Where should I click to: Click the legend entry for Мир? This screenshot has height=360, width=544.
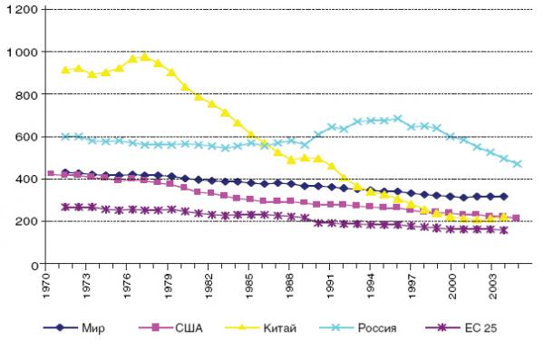pyautogui.click(x=74, y=327)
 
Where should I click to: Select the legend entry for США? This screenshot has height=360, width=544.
pyautogui.click(x=170, y=327)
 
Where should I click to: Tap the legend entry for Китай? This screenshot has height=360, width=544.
pyautogui.click(x=260, y=327)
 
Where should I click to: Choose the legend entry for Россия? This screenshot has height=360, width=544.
pyautogui.click(x=358, y=327)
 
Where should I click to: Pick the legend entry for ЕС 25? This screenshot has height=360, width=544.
pyautogui.click(x=461, y=327)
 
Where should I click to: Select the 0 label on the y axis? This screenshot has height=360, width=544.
pyautogui.click(x=34, y=266)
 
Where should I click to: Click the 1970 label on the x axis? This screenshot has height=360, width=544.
pyautogui.click(x=46, y=286)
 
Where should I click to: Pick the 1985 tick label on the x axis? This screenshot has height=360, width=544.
pyautogui.click(x=248, y=286)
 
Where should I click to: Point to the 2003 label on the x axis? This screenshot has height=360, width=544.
pyautogui.click(x=492, y=286)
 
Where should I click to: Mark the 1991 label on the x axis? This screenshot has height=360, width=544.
pyautogui.click(x=330, y=286)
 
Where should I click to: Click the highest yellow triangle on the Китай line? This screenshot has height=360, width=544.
pyautogui.click(x=145, y=56)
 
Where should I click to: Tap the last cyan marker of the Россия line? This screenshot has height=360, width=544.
pyautogui.click(x=518, y=164)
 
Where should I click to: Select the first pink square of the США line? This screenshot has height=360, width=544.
pyautogui.click(x=51, y=173)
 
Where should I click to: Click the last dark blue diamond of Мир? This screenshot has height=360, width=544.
pyautogui.click(x=504, y=197)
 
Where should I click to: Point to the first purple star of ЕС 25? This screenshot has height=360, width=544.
pyautogui.click(x=65, y=208)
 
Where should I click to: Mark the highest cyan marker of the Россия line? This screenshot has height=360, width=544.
pyautogui.click(x=398, y=119)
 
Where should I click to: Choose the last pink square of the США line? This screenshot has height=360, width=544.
pyautogui.click(x=516, y=218)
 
